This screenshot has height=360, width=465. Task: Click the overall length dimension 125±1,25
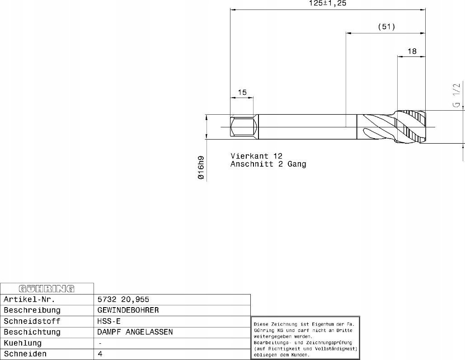(327, 3)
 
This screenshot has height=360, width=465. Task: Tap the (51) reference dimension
(386, 27)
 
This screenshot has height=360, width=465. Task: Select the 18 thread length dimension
(412, 51)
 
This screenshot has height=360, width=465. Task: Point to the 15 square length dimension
(242, 92)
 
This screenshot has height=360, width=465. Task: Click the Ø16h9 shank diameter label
(201, 168)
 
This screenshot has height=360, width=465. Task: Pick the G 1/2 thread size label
(456, 94)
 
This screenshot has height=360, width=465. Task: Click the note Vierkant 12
(257, 156)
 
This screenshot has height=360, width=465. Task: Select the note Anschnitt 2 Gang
(268, 164)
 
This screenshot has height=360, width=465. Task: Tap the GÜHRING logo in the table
(47, 289)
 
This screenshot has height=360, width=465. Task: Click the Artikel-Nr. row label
(29, 299)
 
